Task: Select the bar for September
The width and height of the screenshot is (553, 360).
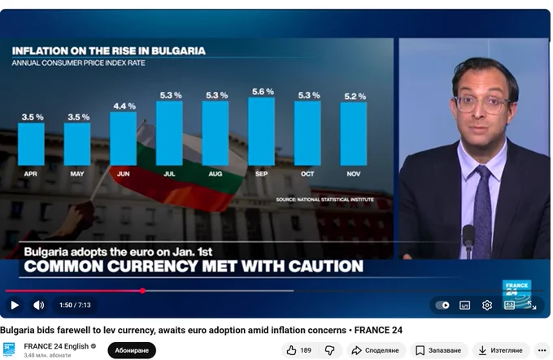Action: coord(261,132)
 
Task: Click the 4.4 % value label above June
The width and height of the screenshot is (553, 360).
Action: coord(124,106)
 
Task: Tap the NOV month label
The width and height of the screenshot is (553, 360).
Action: coord(354,174)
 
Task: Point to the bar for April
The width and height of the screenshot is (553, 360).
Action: coord(31,144)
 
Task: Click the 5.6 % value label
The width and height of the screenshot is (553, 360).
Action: coord(263,92)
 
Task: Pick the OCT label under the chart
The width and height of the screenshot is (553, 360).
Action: coord(307,174)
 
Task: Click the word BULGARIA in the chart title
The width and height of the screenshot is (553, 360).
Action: coord(178,51)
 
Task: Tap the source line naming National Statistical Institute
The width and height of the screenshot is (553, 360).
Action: coord(324,199)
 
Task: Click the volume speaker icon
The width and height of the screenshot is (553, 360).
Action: coord(39,305)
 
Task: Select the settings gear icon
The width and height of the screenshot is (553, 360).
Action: coord(487,305)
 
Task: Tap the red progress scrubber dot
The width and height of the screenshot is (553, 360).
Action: coord(142,291)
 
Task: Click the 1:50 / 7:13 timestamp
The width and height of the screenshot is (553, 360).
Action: coord(75,305)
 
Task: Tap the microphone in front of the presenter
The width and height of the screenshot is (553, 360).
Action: coord(468,240)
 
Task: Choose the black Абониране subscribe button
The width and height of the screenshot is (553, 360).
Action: coord(132,350)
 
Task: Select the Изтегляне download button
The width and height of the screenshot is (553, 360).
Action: coord(501,350)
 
